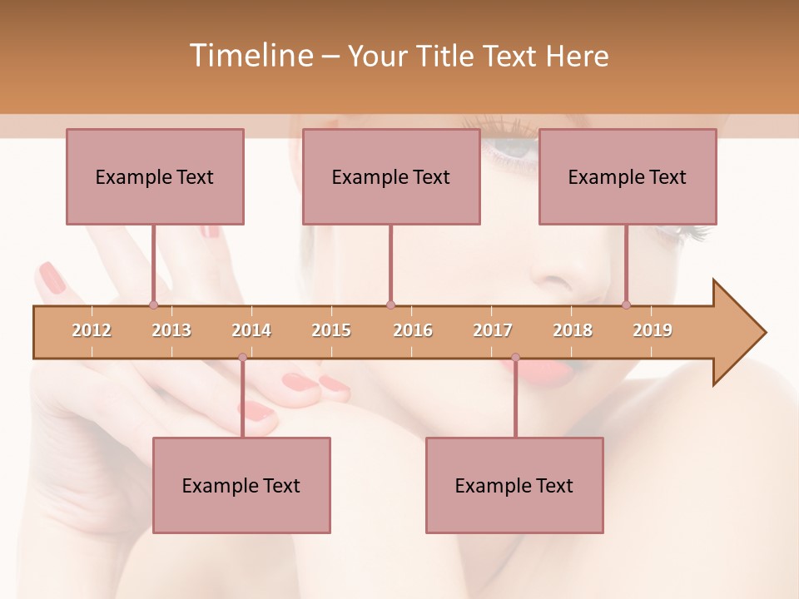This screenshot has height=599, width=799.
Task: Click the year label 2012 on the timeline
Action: click(x=92, y=330)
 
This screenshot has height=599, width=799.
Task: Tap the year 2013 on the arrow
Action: click(x=171, y=330)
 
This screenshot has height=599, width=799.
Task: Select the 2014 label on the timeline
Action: click(x=251, y=330)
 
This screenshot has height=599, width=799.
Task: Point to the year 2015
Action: click(x=331, y=330)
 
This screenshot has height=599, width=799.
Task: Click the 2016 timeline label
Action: click(x=413, y=330)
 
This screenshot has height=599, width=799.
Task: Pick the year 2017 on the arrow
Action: click(x=493, y=330)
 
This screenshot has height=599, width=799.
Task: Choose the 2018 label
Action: click(x=573, y=330)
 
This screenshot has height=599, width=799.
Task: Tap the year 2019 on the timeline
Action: click(x=653, y=330)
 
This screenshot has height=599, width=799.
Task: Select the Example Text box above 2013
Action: click(x=155, y=176)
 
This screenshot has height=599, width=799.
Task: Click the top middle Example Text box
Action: click(x=391, y=176)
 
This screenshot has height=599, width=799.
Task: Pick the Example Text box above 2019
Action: click(x=628, y=176)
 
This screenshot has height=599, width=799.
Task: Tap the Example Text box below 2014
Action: click(x=241, y=485)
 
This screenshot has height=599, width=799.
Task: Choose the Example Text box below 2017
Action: click(x=514, y=485)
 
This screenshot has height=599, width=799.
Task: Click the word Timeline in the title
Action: click(x=249, y=56)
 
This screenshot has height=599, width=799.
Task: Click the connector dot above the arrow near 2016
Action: click(x=390, y=304)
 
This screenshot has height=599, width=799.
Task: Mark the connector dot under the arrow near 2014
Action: click(x=242, y=358)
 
